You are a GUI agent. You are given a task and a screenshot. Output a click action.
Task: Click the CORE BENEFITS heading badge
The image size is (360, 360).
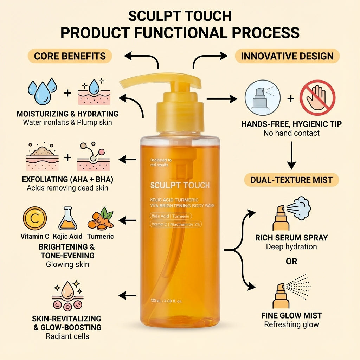(70, 56)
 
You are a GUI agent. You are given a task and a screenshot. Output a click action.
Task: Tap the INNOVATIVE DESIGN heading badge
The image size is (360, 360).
(287, 56)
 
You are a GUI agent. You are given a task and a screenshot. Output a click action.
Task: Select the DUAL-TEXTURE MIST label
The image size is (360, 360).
(291, 180)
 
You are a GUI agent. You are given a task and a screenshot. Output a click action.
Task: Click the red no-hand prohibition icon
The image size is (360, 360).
(317, 98)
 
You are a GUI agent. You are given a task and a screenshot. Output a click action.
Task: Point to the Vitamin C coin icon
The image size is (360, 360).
(34, 218)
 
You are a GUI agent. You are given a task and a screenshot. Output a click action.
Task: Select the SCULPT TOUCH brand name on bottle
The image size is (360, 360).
(180, 185)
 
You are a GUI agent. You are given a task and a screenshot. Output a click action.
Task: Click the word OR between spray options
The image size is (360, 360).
(291, 261)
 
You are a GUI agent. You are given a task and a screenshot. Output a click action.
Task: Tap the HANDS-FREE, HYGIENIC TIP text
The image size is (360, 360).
(291, 124)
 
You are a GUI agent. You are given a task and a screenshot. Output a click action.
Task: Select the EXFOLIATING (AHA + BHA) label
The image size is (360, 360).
(67, 180)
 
